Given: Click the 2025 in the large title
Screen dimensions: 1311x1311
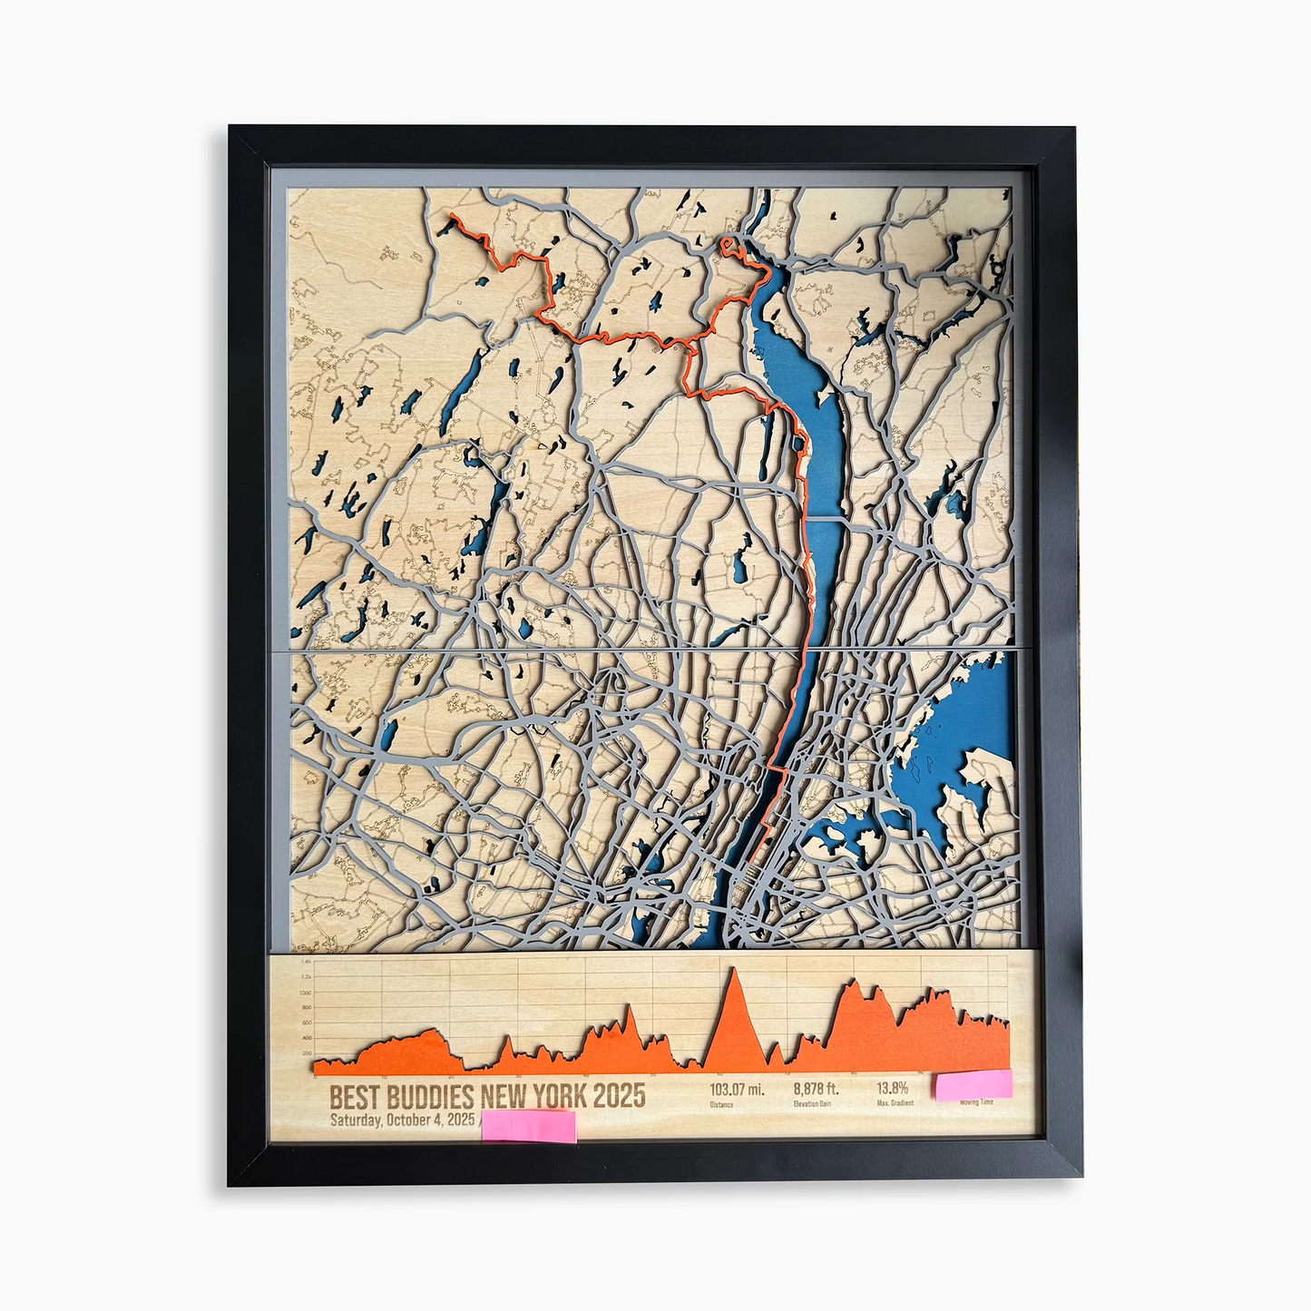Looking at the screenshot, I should click(620, 1096).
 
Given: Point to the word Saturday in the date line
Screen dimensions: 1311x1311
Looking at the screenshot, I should click(356, 1120).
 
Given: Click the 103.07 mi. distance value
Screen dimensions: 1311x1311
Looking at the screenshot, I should click(736, 1089).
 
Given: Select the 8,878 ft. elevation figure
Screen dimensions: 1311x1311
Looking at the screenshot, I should click(816, 1089).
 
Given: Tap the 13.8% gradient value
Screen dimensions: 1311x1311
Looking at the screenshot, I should click(892, 1088).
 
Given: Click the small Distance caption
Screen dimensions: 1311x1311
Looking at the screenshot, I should click(721, 1104).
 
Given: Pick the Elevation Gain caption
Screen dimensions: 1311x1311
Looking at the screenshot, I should click(812, 1104).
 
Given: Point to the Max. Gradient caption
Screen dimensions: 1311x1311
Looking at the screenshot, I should click(895, 1103).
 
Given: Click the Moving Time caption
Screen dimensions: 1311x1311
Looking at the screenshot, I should click(976, 1102).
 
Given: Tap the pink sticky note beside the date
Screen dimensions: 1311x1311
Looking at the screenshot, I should click(528, 1126).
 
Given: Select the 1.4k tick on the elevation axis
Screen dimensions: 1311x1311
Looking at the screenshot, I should click(305, 961).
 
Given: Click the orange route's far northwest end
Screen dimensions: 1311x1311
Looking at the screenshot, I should click(451, 216).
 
